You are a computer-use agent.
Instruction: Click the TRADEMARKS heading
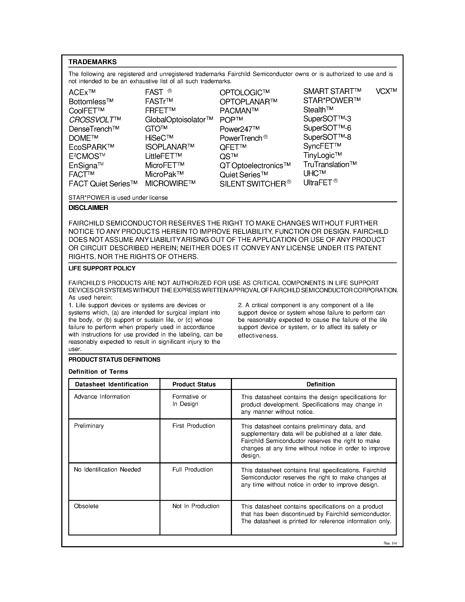(x=93, y=62)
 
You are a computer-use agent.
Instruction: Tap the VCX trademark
(x=386, y=92)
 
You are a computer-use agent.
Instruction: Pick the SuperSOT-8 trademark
(x=327, y=137)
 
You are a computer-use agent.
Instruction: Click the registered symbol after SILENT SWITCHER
(x=289, y=182)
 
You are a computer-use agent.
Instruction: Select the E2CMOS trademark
(x=87, y=156)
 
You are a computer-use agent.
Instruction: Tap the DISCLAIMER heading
(x=88, y=208)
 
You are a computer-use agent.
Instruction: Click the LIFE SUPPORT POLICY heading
(x=102, y=268)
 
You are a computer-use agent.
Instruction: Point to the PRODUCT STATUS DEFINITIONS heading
(x=114, y=360)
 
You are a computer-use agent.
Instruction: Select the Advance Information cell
(x=102, y=397)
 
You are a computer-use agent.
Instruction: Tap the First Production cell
(x=194, y=426)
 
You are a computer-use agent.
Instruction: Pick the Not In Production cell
(x=196, y=506)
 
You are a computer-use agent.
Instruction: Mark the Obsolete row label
(x=86, y=506)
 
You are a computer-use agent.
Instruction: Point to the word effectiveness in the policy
(x=258, y=336)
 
